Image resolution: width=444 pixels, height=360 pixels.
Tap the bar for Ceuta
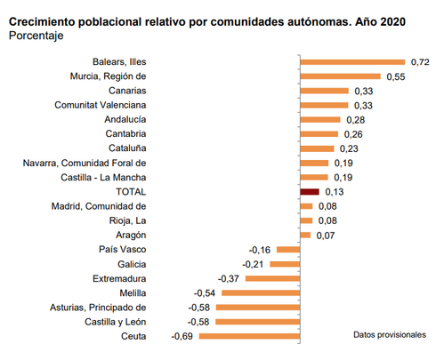[250, 336]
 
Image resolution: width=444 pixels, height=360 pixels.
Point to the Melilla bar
[261, 292]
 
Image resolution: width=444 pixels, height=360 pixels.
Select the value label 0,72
[420, 62]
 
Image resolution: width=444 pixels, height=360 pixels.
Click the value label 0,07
[326, 235]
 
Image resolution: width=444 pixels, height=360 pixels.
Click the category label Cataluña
[126, 148]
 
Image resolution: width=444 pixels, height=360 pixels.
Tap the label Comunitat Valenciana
[101, 105]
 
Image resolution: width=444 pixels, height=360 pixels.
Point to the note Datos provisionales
[391, 335]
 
